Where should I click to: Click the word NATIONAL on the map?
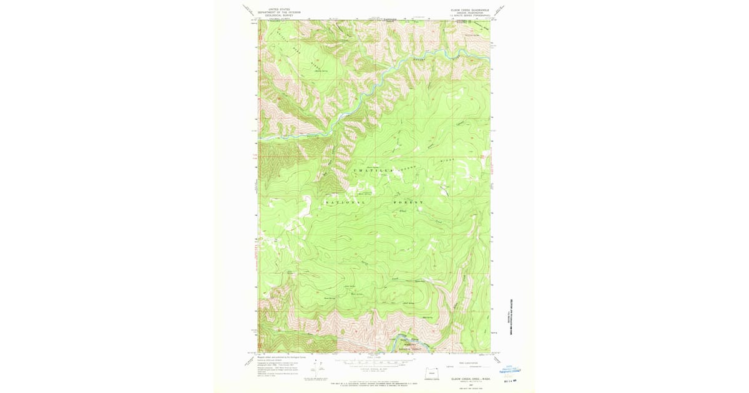pyautogui.click(x=345, y=203)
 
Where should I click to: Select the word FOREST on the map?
pyautogui.click(x=408, y=203)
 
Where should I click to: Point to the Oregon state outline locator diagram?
pyautogui.click(x=431, y=372)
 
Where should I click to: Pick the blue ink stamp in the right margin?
pyautogui.click(x=512, y=371)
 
